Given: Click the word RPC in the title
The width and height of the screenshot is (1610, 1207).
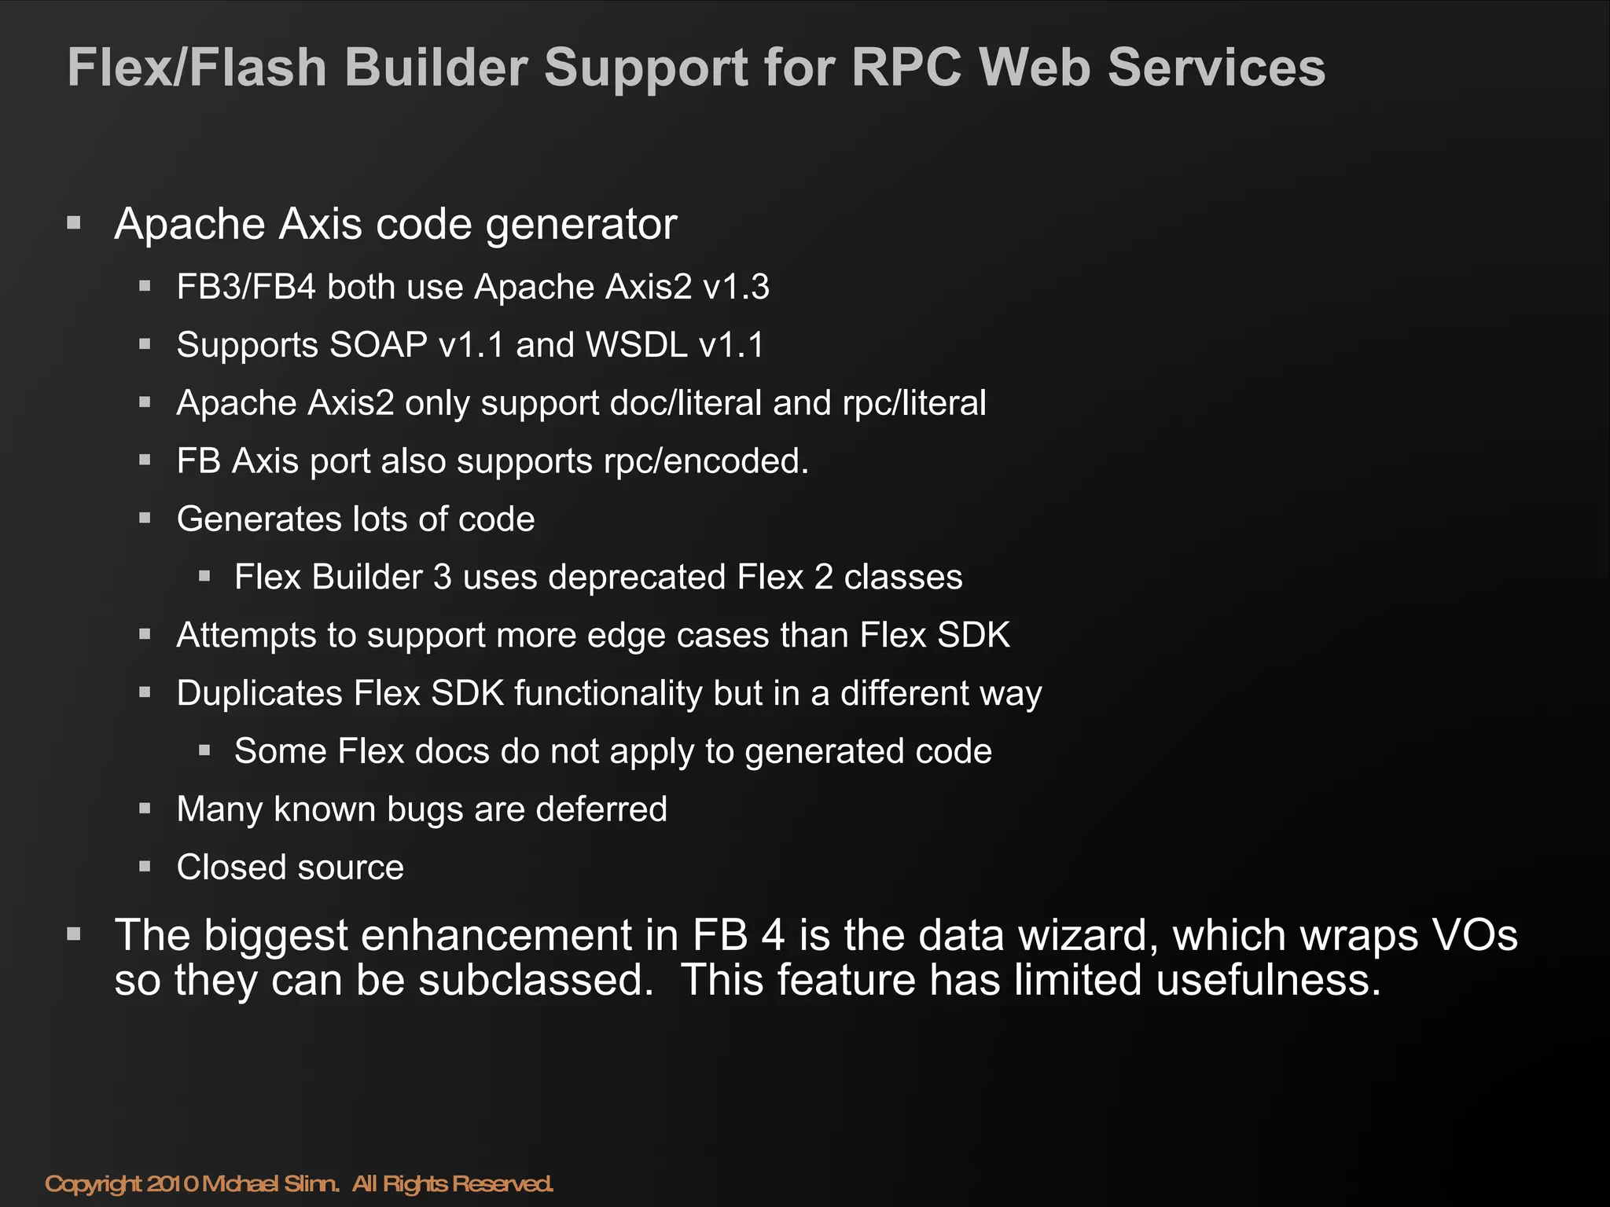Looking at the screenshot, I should [906, 68].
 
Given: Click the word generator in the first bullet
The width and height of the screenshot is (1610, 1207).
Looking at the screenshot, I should [581, 226].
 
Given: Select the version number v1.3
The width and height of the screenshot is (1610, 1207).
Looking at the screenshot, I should [736, 287].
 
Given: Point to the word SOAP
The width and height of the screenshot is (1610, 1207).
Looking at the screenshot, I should [378, 345].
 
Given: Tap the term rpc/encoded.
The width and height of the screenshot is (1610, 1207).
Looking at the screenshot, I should [705, 461].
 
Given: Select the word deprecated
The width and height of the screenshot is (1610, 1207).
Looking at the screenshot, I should [637, 578].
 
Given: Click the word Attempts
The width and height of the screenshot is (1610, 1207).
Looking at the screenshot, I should [246, 635].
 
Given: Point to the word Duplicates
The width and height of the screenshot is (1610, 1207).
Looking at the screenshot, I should [259, 693].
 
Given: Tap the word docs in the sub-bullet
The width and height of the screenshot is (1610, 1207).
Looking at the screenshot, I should [452, 751].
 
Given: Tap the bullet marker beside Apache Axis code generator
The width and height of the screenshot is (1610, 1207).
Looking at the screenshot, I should [75, 223].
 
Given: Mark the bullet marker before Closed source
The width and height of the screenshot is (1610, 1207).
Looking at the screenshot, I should [145, 867].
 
